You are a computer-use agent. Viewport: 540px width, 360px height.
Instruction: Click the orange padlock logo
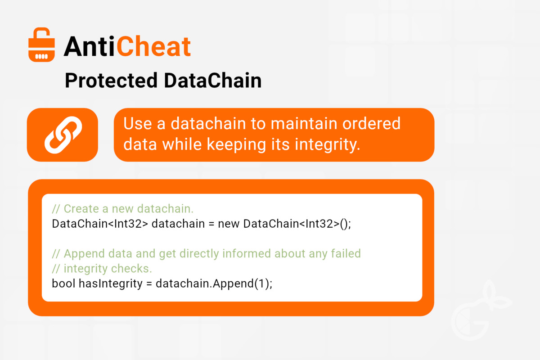click(x=41, y=45)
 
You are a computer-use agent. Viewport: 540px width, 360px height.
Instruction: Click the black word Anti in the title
click(x=89, y=46)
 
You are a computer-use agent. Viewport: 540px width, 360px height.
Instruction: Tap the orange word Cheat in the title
click(x=154, y=46)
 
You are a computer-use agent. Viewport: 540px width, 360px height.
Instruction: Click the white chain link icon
click(x=63, y=135)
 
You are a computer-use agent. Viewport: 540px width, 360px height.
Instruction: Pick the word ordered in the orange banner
click(x=372, y=123)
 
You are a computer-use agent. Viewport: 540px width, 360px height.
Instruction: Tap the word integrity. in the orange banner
click(x=328, y=145)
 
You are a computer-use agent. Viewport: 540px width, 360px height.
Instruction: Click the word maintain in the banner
click(x=304, y=123)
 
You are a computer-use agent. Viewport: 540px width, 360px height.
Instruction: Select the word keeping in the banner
click(x=236, y=145)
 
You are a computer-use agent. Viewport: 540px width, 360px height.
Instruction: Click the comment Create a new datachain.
click(x=123, y=209)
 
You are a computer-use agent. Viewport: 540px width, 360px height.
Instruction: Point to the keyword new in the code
click(x=229, y=224)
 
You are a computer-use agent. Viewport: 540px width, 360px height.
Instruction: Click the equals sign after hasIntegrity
click(x=149, y=283)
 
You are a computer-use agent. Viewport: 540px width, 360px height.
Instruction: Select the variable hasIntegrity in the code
click(x=111, y=283)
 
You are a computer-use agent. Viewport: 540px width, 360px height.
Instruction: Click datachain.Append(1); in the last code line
click(x=214, y=283)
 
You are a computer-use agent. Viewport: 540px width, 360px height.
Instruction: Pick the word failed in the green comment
click(x=346, y=253)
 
